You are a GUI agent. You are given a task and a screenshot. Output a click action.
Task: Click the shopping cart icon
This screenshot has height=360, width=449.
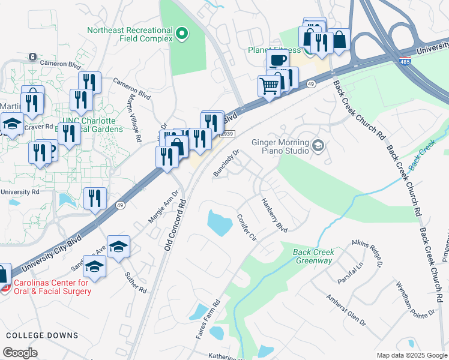[x=270, y=85]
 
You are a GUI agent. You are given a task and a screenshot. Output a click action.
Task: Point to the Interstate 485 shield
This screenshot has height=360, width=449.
[x=406, y=61]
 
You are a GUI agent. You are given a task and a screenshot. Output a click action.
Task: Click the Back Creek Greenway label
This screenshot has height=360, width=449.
[x=313, y=257]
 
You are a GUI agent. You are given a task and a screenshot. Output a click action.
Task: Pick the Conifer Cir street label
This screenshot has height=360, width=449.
[x=247, y=228]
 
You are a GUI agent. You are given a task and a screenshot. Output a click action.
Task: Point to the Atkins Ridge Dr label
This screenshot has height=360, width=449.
[x=367, y=250]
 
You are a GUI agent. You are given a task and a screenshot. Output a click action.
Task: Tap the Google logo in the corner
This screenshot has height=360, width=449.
[x=20, y=352]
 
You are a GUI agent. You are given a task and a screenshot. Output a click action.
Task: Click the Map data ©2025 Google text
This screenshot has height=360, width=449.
[x=411, y=355]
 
